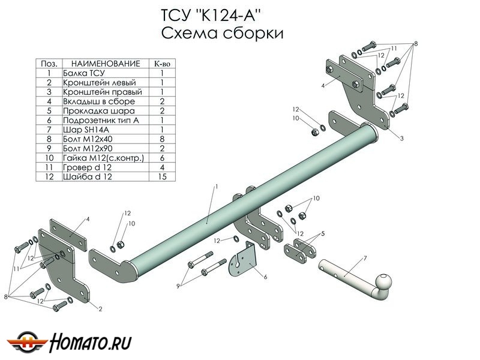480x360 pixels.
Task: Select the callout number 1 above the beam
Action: (217, 187)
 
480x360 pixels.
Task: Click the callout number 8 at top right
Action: (415, 45)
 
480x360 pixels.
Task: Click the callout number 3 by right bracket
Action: (401, 139)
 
